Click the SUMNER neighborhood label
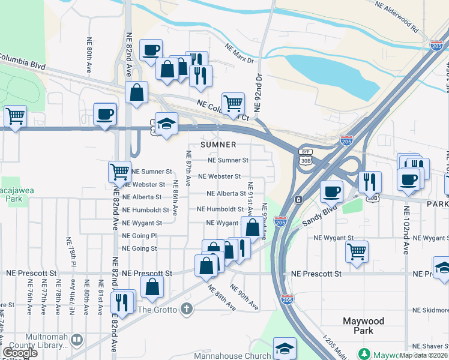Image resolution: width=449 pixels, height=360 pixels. coord(218,145)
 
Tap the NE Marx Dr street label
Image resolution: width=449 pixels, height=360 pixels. coord(240,52)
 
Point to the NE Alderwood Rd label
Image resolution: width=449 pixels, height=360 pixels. coord(396,16)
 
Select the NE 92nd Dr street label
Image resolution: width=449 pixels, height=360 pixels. coord(259,93)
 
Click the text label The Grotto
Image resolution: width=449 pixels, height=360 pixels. coord(157,310)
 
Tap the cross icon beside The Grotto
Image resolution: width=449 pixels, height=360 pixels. coord(187,309)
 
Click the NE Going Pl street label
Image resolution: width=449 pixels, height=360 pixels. coord(139,236)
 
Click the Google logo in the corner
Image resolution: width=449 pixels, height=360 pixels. coord(20,353)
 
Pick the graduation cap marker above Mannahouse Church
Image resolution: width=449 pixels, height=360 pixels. coord(285,347)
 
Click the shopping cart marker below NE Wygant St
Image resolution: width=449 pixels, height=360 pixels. coord(357,250)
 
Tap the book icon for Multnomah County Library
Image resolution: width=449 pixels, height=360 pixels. coord(76,341)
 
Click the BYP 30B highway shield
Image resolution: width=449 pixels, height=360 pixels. coord(306,157)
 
